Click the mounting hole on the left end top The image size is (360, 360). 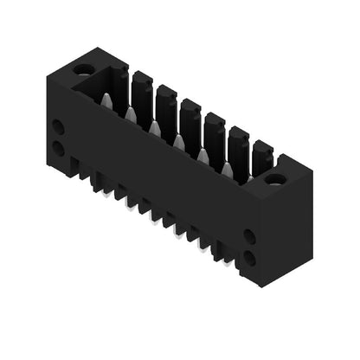click(83, 68)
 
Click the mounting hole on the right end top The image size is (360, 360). click(275, 180)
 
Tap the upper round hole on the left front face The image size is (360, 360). click(58, 126)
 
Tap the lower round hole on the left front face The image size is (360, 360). click(58, 147)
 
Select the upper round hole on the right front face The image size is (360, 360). click(249, 235)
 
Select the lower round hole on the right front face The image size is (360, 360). click(249, 256)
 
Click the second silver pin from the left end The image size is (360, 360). click(131, 113)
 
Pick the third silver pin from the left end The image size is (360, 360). click(155, 127)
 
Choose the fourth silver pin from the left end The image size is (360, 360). click(179, 141)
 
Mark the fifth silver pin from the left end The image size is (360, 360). click(203, 155)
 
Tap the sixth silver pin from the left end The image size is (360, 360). click(228, 169)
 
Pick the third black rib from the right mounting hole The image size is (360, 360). click(215, 132)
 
